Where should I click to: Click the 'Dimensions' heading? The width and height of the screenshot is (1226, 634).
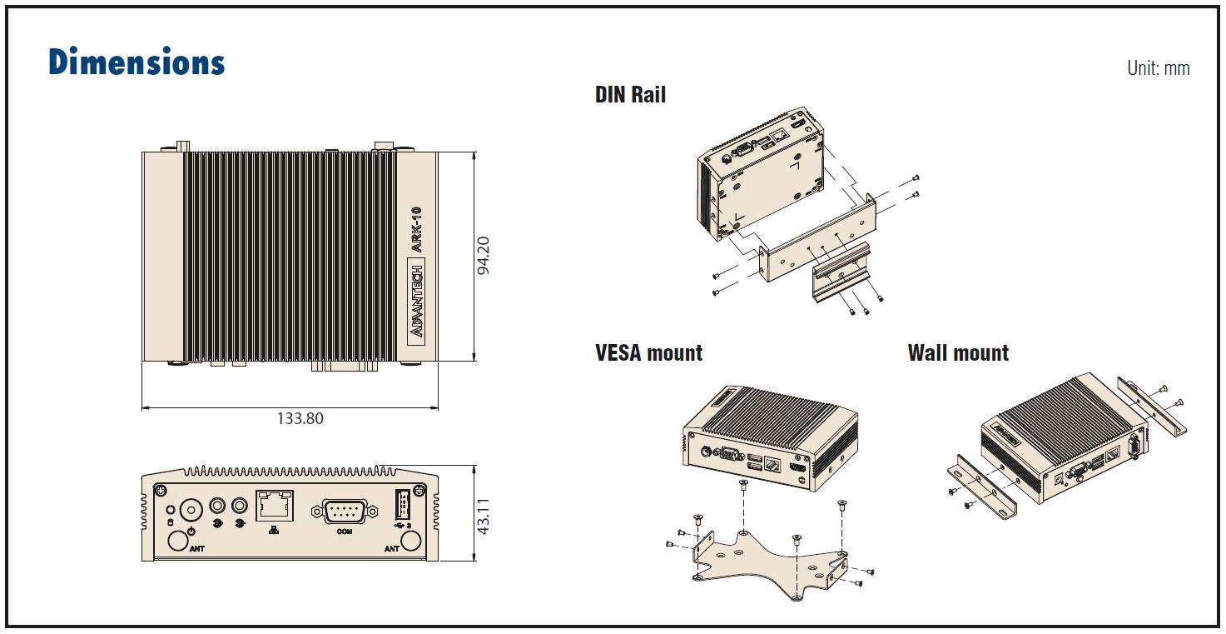click(136, 62)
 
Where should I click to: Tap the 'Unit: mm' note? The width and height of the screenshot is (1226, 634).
click(1158, 68)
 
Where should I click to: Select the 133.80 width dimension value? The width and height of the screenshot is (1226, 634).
click(300, 418)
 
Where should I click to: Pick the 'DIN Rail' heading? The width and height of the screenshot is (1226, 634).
click(630, 95)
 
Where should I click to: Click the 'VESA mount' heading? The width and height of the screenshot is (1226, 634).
click(648, 353)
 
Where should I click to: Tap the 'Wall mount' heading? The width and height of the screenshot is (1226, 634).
click(958, 353)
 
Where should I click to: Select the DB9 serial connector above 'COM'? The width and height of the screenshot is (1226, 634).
click(339, 510)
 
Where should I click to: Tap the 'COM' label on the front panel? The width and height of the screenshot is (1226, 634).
click(344, 531)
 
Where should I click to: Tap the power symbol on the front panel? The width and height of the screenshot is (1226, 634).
click(191, 531)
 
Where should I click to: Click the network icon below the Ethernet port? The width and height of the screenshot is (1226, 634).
click(275, 530)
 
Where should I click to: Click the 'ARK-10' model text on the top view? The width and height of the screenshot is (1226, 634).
click(417, 229)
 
